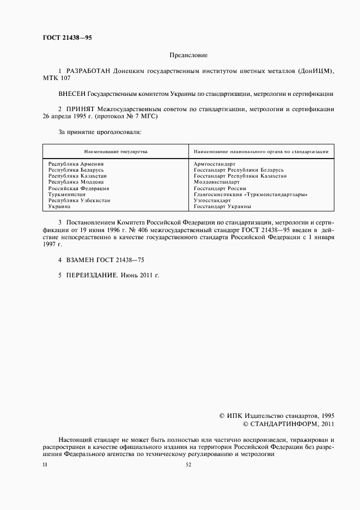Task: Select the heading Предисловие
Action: [188, 55]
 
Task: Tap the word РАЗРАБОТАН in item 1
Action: [87, 71]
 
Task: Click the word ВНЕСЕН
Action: [72, 94]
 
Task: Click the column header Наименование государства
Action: [115, 151]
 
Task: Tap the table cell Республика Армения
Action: [76, 163]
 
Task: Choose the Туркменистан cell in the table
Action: [66, 194]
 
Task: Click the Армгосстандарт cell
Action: [214, 163]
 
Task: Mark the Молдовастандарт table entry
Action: [216, 182]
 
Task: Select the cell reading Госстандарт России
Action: [219, 188]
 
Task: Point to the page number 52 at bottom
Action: [188, 464]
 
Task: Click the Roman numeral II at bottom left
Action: [45, 464]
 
